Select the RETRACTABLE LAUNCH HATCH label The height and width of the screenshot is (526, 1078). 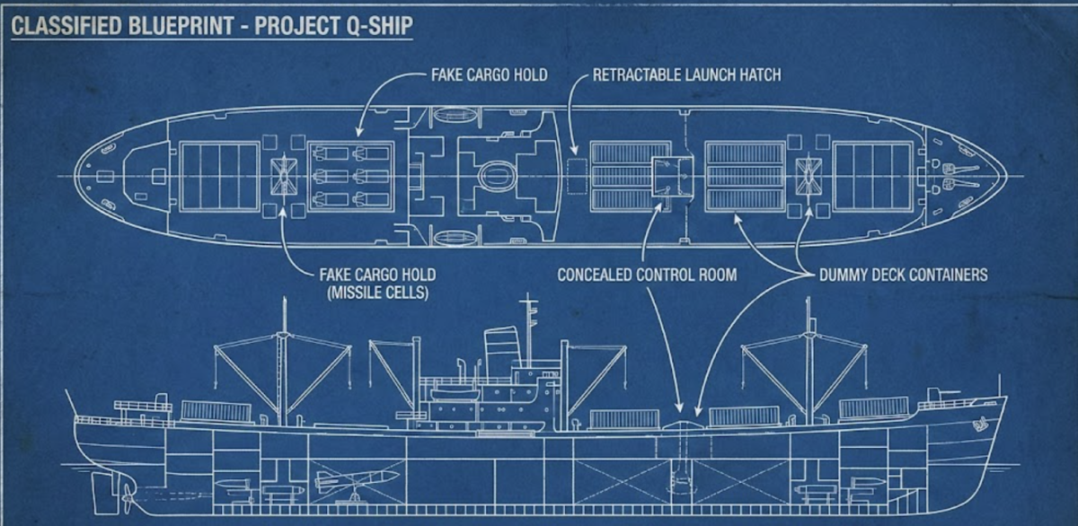point(686,75)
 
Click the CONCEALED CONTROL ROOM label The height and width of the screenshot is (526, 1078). point(647,274)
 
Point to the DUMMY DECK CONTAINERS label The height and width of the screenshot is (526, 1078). point(903,274)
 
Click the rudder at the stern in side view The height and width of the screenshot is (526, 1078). point(102,488)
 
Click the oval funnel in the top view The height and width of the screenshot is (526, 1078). point(494,175)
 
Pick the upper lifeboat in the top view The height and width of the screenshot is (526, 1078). point(449,115)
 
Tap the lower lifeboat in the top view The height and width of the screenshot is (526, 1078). point(449,237)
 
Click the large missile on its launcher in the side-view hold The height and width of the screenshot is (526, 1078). point(355,478)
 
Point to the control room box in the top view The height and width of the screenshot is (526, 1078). point(672,175)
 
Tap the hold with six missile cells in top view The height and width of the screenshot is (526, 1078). point(351,176)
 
